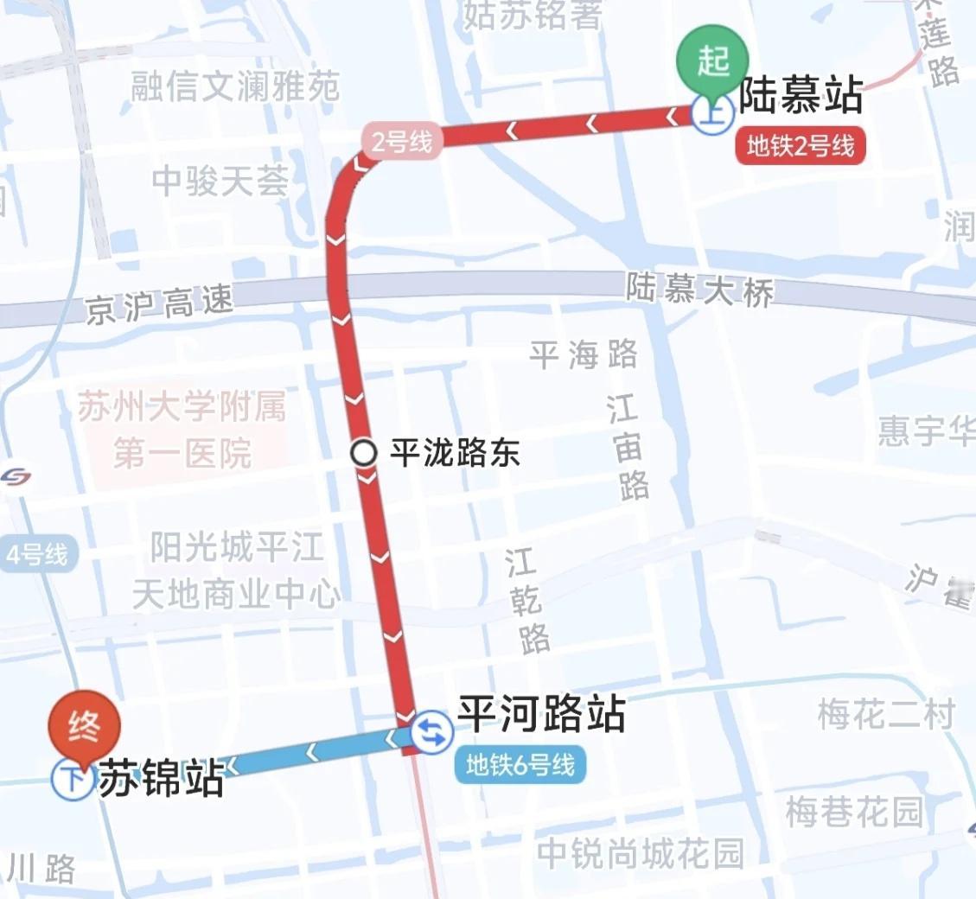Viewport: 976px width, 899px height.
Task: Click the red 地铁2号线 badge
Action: pos(800,146)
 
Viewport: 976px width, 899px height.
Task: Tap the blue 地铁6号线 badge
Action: pos(520,765)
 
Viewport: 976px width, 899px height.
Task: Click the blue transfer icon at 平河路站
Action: pos(430,733)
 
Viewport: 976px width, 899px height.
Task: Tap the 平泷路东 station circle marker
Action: pos(364,452)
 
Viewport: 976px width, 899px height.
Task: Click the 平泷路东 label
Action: pos(455,452)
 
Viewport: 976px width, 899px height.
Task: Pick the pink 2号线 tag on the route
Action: pos(402,141)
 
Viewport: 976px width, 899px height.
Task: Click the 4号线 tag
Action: pos(37,554)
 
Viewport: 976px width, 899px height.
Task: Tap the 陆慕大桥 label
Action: pos(700,291)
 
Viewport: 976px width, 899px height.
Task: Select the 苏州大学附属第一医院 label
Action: pos(182,430)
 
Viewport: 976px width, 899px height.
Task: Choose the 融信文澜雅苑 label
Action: pos(235,86)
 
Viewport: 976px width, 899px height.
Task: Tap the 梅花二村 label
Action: pos(886,715)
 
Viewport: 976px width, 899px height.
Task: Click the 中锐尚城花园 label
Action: pos(640,854)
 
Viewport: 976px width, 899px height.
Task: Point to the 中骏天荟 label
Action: pos(220,181)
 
